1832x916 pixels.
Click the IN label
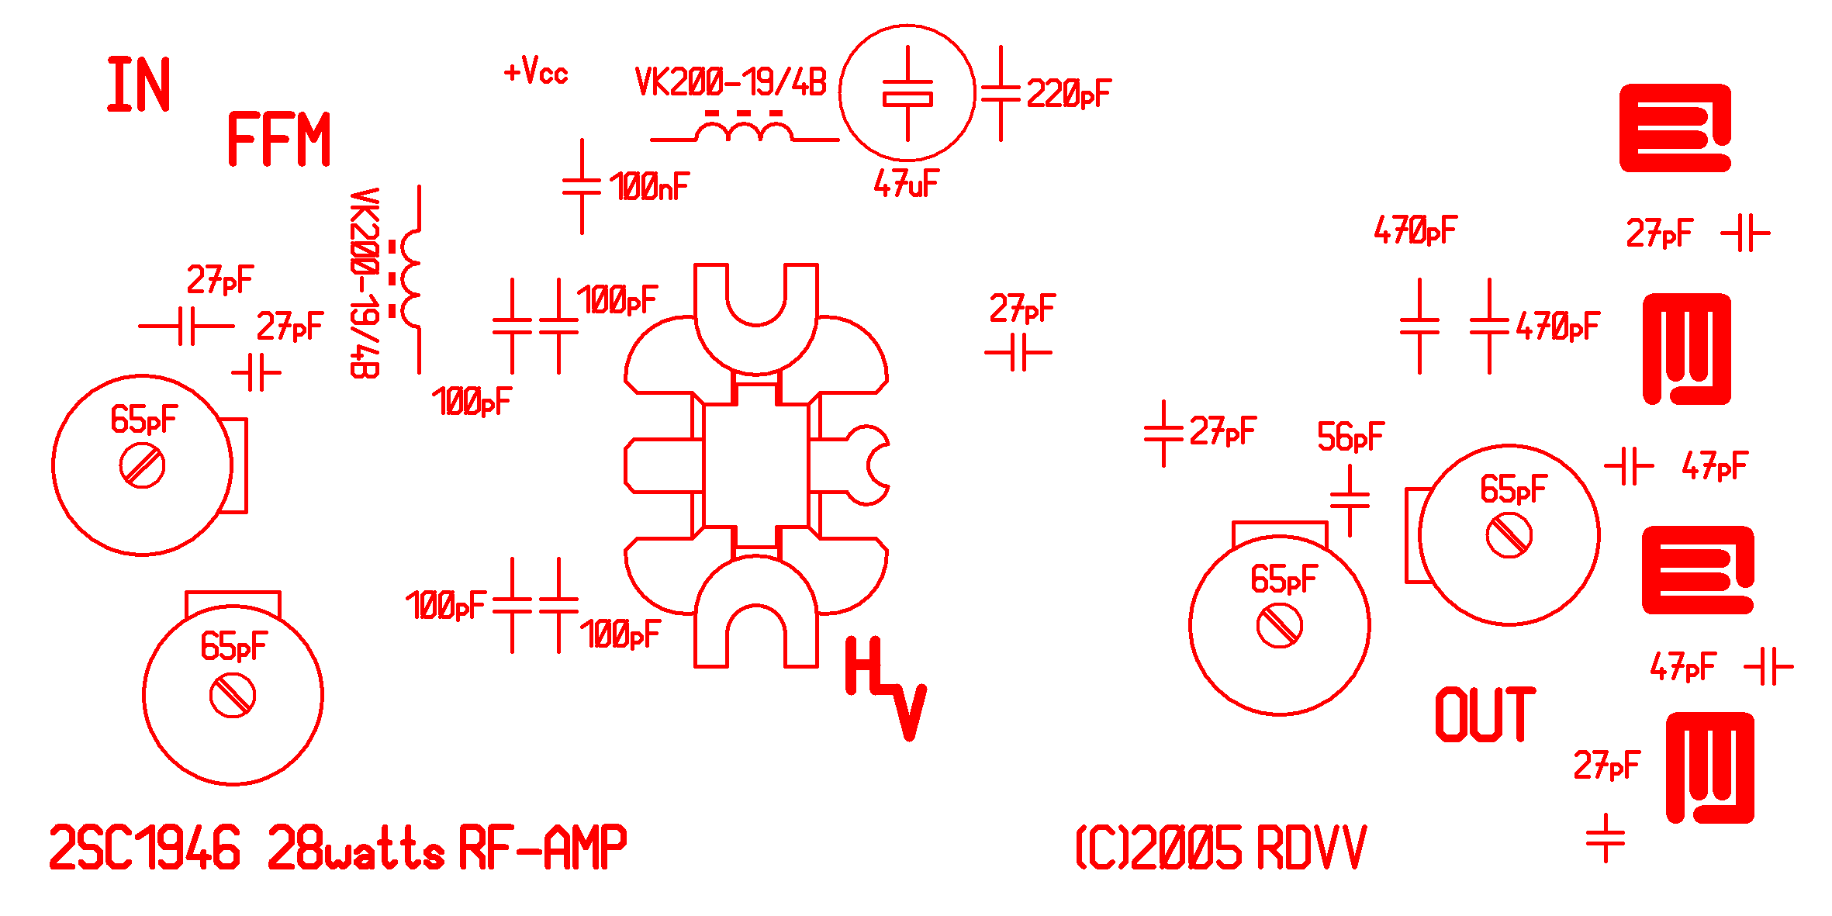click(x=138, y=85)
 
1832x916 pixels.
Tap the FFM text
click(x=279, y=139)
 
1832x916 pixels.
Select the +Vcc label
click(x=536, y=72)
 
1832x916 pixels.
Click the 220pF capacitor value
click(x=1069, y=95)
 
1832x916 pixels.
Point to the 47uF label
click(x=906, y=185)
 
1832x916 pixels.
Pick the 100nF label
click(x=649, y=187)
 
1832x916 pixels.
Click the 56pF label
click(x=1350, y=437)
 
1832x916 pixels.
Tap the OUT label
click(x=1485, y=714)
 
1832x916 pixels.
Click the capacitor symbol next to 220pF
click(x=1001, y=94)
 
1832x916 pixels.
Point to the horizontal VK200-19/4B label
click(x=731, y=82)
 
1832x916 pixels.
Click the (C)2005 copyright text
click(x=1159, y=849)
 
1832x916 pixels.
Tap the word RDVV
click(x=1311, y=849)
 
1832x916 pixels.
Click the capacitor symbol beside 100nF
click(x=582, y=187)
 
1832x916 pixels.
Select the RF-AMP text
click(x=543, y=848)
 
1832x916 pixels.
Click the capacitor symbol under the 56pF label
click(x=1350, y=501)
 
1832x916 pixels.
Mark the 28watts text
click(x=356, y=848)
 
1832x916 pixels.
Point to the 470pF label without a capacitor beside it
click(x=1415, y=230)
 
